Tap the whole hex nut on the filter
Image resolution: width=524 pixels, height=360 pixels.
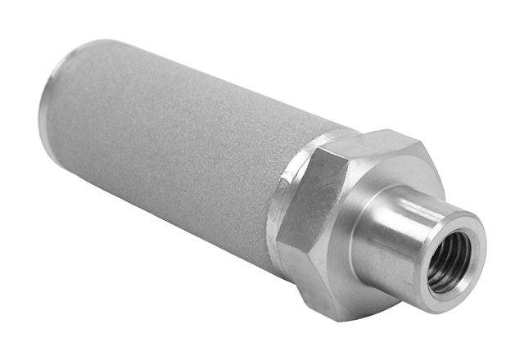344,221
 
